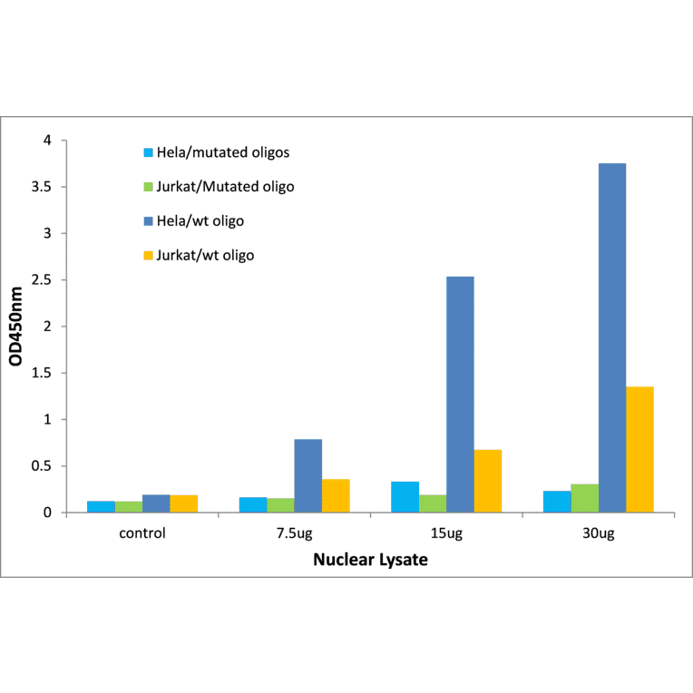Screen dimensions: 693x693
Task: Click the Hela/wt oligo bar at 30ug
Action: (x=611, y=337)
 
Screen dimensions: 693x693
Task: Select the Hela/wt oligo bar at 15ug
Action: (x=460, y=395)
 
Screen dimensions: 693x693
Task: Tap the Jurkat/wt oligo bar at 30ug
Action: (x=639, y=449)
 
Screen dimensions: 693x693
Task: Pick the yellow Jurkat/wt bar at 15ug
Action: (x=488, y=481)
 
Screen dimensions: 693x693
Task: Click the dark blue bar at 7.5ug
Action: (x=307, y=475)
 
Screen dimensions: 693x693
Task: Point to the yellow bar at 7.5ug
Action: (x=336, y=495)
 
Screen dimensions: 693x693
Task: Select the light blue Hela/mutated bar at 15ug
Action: (x=405, y=497)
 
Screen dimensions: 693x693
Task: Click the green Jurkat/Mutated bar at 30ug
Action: (x=584, y=498)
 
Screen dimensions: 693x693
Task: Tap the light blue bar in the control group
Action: (x=101, y=506)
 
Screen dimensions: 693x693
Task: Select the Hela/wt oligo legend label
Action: (x=200, y=220)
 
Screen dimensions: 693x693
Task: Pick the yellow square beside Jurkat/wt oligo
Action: (x=147, y=256)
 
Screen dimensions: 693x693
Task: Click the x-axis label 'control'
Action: (x=142, y=533)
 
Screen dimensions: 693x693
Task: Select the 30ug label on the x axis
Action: (x=599, y=533)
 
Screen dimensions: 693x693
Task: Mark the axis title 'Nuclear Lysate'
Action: (x=370, y=560)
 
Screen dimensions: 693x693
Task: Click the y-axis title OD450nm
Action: (x=17, y=327)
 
